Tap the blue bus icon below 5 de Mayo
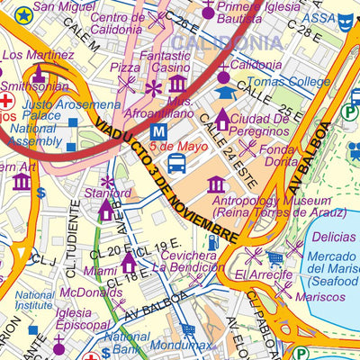[176, 163]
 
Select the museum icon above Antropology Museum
[216, 184]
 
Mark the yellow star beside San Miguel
[22, 13]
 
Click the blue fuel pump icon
[212, 241]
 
